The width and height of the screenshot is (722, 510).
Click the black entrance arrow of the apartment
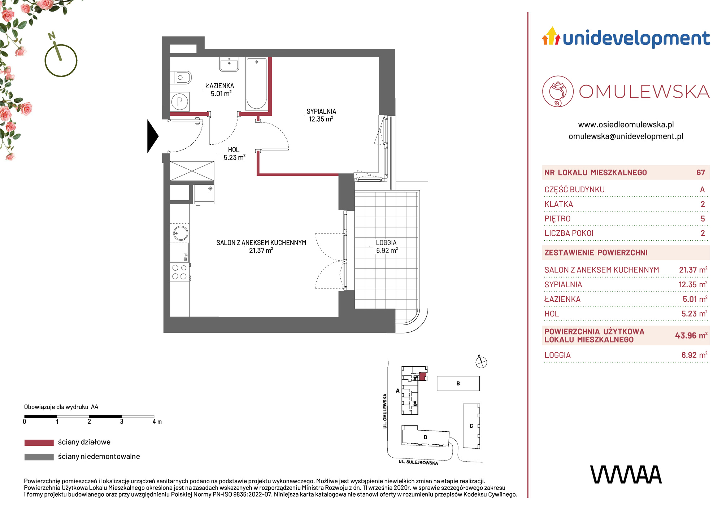(x=152, y=136)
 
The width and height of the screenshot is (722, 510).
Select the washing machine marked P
(x=180, y=102)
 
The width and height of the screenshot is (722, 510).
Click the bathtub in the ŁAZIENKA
(x=257, y=84)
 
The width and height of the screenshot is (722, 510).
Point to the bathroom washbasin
(x=229, y=64)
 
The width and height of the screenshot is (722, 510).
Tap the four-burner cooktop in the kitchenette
(x=180, y=272)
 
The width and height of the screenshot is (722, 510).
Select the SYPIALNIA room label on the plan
(x=321, y=112)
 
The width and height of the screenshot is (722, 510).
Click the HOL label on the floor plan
(x=234, y=150)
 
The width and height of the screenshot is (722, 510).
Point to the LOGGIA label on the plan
(x=386, y=243)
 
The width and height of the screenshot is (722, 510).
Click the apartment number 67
(x=701, y=173)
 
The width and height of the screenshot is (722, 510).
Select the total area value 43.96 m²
(x=691, y=335)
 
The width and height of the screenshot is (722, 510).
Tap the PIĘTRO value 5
(x=703, y=219)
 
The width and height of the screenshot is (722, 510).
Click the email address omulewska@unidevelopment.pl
(x=626, y=136)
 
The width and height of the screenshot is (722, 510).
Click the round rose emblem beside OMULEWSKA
(x=558, y=91)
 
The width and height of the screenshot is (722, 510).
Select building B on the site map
(x=458, y=383)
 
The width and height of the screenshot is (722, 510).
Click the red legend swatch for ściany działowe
(x=39, y=443)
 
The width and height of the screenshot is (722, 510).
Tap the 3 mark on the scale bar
(x=122, y=422)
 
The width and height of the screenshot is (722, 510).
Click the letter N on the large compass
(x=52, y=36)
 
